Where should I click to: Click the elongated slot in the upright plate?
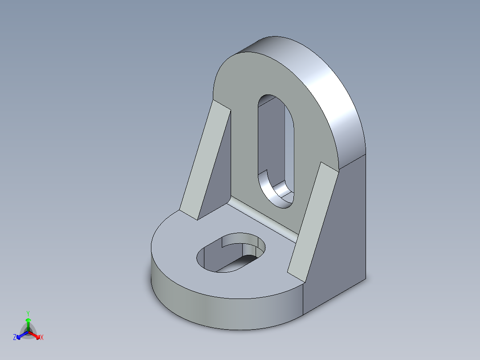(x=276, y=147)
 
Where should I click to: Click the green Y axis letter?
(x=28, y=313)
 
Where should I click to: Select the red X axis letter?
(x=42, y=338)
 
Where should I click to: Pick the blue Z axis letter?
(x=15, y=338)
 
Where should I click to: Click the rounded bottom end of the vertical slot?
(x=278, y=196)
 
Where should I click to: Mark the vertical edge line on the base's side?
(x=303, y=301)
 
